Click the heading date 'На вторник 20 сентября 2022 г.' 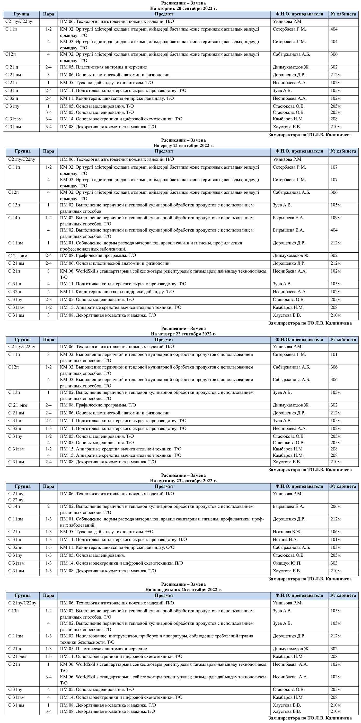[183, 8]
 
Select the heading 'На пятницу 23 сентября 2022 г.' [183, 481]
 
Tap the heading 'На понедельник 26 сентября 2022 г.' [183, 589]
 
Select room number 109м [336, 218]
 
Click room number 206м [336, 506]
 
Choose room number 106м [336, 532]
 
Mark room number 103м [336, 547]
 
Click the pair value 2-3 [48, 300]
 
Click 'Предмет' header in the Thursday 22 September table [164, 340]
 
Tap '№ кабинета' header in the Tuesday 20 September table [343, 14]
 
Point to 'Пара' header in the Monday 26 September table [48, 595]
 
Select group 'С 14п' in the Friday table [14, 506]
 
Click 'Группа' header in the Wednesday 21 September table [22, 151]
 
